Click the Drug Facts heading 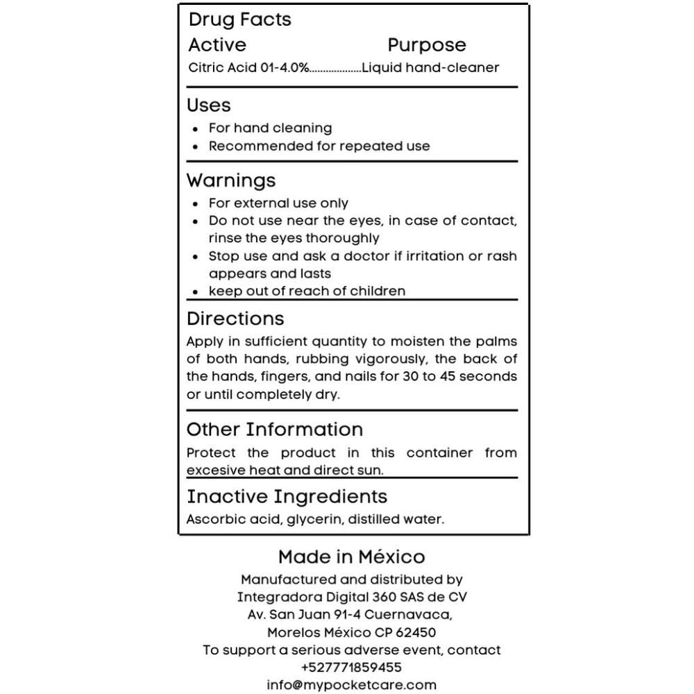click(x=240, y=20)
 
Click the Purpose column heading click(x=427, y=45)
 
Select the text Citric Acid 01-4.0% click(x=248, y=68)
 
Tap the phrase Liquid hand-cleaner click(x=430, y=68)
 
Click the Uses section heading click(x=209, y=105)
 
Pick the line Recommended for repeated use click(x=319, y=146)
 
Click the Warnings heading click(x=231, y=180)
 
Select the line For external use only click(x=278, y=203)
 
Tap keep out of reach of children click(x=307, y=291)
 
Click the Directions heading click(x=235, y=319)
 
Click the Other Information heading click(x=275, y=429)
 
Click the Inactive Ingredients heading click(x=287, y=497)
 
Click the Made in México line click(x=352, y=557)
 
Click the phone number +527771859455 click(x=352, y=668)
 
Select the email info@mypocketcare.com click(x=352, y=685)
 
